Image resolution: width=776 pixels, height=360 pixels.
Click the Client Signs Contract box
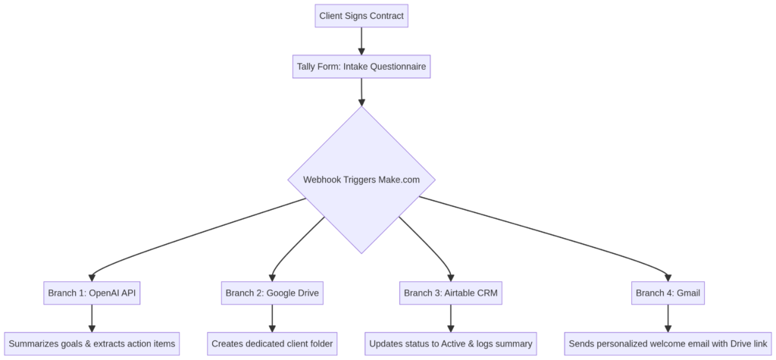tap(361, 16)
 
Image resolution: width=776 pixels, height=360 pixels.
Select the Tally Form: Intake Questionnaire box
tap(361, 67)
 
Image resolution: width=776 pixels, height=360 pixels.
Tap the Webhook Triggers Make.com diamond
tap(361, 180)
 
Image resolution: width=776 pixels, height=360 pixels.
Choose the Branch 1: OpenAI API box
tap(92, 293)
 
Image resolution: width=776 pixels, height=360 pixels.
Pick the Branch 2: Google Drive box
tap(272, 293)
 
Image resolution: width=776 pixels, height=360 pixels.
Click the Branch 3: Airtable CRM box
tap(450, 293)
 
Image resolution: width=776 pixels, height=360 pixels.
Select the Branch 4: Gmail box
tap(668, 293)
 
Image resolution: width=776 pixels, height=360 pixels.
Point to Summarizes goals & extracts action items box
tap(92, 343)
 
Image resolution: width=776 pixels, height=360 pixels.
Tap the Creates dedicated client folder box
tap(272, 343)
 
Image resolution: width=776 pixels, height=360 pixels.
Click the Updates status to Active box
tap(450, 343)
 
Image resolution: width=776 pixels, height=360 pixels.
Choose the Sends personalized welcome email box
tap(668, 343)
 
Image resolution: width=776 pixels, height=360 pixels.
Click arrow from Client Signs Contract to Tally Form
tap(361, 41)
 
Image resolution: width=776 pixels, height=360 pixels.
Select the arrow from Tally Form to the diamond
tap(361, 92)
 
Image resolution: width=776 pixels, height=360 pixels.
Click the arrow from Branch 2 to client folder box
tap(272, 318)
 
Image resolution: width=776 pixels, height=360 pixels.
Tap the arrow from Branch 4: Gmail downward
tap(668, 318)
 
